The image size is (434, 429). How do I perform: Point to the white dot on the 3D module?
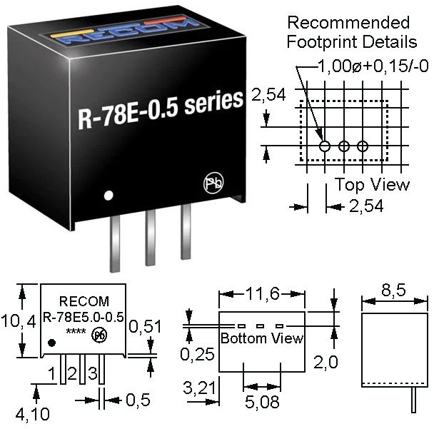(x=108, y=195)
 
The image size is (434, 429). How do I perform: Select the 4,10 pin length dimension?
(x=36, y=413)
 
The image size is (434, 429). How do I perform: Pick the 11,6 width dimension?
(x=261, y=293)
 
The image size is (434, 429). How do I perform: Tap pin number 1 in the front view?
(x=52, y=373)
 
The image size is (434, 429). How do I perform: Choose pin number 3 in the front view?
(x=92, y=373)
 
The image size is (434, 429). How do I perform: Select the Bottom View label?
(x=261, y=338)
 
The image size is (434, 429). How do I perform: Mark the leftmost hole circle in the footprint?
(x=325, y=146)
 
